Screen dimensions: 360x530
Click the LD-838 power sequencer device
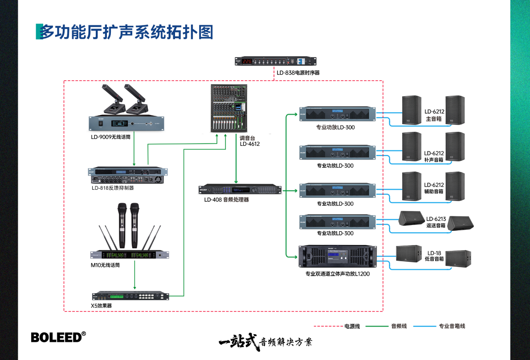272,61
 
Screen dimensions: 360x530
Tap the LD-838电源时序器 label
298,72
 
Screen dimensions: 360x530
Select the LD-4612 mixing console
228,108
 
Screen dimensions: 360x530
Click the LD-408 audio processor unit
241,190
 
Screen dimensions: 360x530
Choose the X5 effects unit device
130,296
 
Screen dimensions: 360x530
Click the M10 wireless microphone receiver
130,255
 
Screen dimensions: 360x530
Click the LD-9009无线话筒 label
111,137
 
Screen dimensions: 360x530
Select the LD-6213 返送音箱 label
436,222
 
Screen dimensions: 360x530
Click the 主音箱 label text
434,119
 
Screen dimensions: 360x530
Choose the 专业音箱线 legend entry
452,326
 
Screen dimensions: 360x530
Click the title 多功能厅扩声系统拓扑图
126,32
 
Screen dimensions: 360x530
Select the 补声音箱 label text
434,160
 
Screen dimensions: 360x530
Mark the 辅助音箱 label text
434,192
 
